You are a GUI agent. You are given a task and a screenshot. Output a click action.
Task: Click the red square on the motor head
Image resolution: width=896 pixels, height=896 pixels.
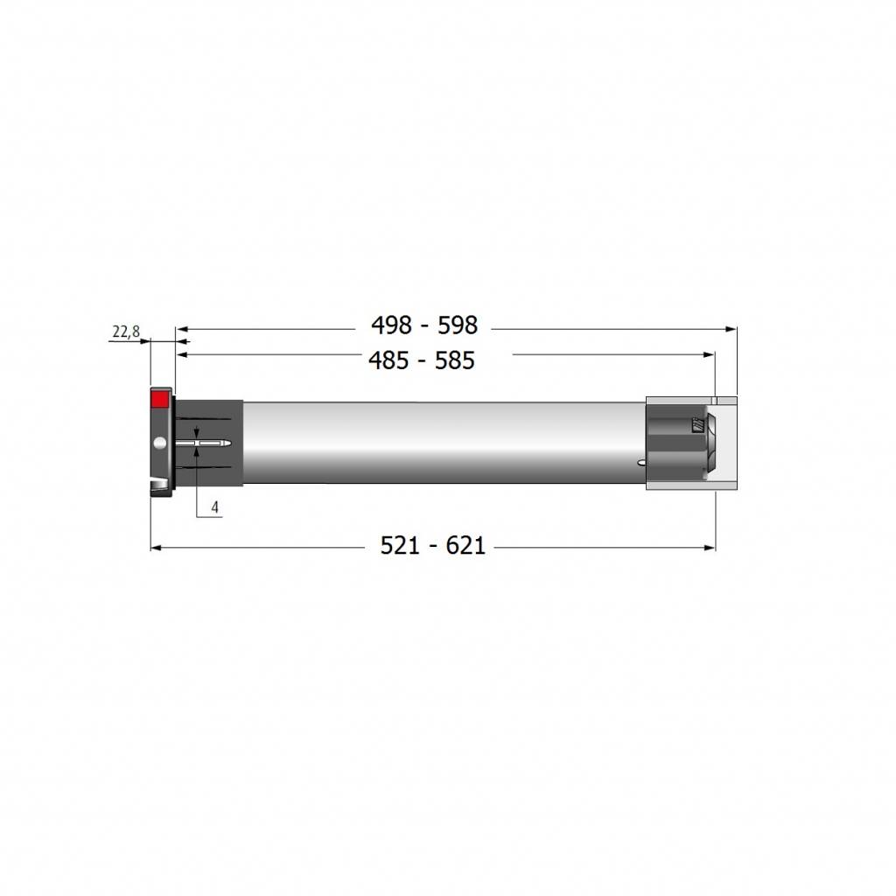(159, 399)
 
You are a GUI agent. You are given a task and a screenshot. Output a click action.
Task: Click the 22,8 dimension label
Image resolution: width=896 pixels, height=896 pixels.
(126, 332)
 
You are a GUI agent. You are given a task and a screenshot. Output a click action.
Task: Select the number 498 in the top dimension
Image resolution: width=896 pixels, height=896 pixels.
(391, 325)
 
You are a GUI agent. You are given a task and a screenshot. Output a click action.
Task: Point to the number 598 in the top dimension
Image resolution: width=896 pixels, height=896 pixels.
(458, 325)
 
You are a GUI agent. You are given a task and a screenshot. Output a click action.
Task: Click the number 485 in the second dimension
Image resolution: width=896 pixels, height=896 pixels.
(388, 360)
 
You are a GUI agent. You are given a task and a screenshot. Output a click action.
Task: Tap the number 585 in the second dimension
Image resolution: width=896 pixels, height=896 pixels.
(455, 360)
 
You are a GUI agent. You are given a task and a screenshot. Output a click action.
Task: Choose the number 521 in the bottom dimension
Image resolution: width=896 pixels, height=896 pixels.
(400, 546)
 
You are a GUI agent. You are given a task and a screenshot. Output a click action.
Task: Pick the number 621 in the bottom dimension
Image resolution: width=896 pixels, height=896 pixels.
(465, 546)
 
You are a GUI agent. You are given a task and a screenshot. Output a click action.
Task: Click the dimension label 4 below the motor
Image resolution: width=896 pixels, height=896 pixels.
(215, 507)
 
